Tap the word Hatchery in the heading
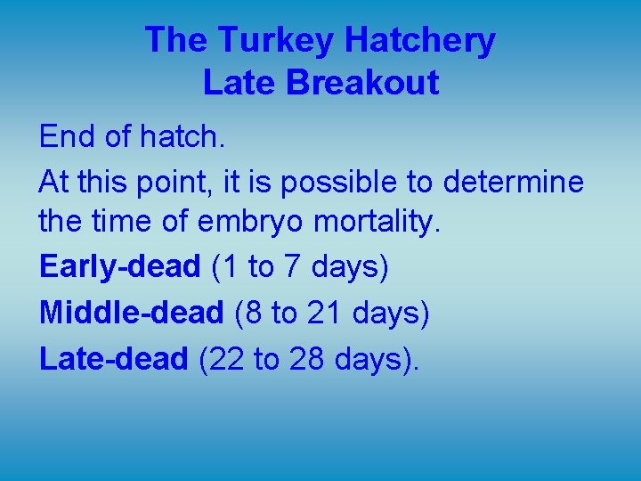[419, 40]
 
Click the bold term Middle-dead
[131, 312]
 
